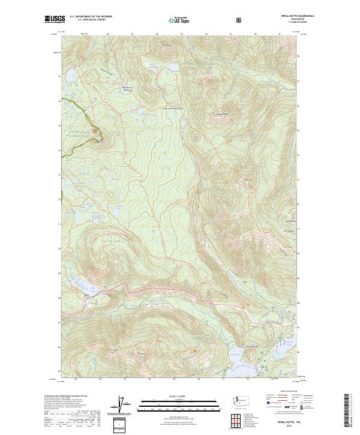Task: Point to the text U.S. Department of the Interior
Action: [x=90, y=16]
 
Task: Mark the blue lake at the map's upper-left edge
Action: [x=67, y=76]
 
